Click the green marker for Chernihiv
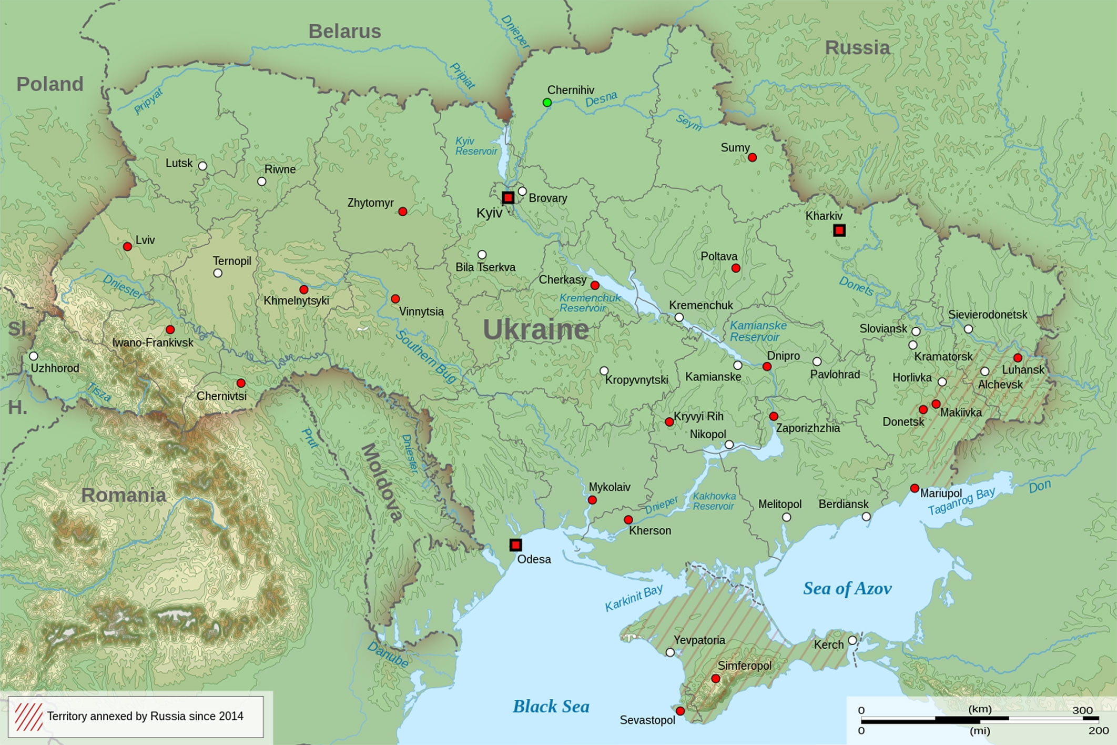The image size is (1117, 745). [x=547, y=103]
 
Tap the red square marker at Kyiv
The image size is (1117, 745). [x=508, y=198]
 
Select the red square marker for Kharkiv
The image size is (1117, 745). [x=839, y=230]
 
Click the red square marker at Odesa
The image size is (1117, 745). [x=515, y=545]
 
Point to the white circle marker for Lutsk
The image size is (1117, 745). [x=202, y=166]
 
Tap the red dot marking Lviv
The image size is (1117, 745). [x=127, y=246]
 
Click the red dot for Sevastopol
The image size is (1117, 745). [x=680, y=711]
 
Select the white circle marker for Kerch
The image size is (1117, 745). [x=852, y=640]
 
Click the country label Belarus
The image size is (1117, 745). [x=344, y=32]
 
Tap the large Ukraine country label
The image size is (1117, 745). [x=535, y=330]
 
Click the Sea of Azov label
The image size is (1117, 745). [x=847, y=588]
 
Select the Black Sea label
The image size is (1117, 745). [x=551, y=706]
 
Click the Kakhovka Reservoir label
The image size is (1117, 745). [x=714, y=501]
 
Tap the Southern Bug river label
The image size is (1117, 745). [x=426, y=357]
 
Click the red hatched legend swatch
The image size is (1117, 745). [x=29, y=717]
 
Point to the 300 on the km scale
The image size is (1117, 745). [x=1082, y=710]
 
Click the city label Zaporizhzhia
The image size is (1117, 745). [x=808, y=428]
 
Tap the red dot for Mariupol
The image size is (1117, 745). [x=915, y=488]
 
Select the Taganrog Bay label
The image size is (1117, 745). [x=961, y=501]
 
